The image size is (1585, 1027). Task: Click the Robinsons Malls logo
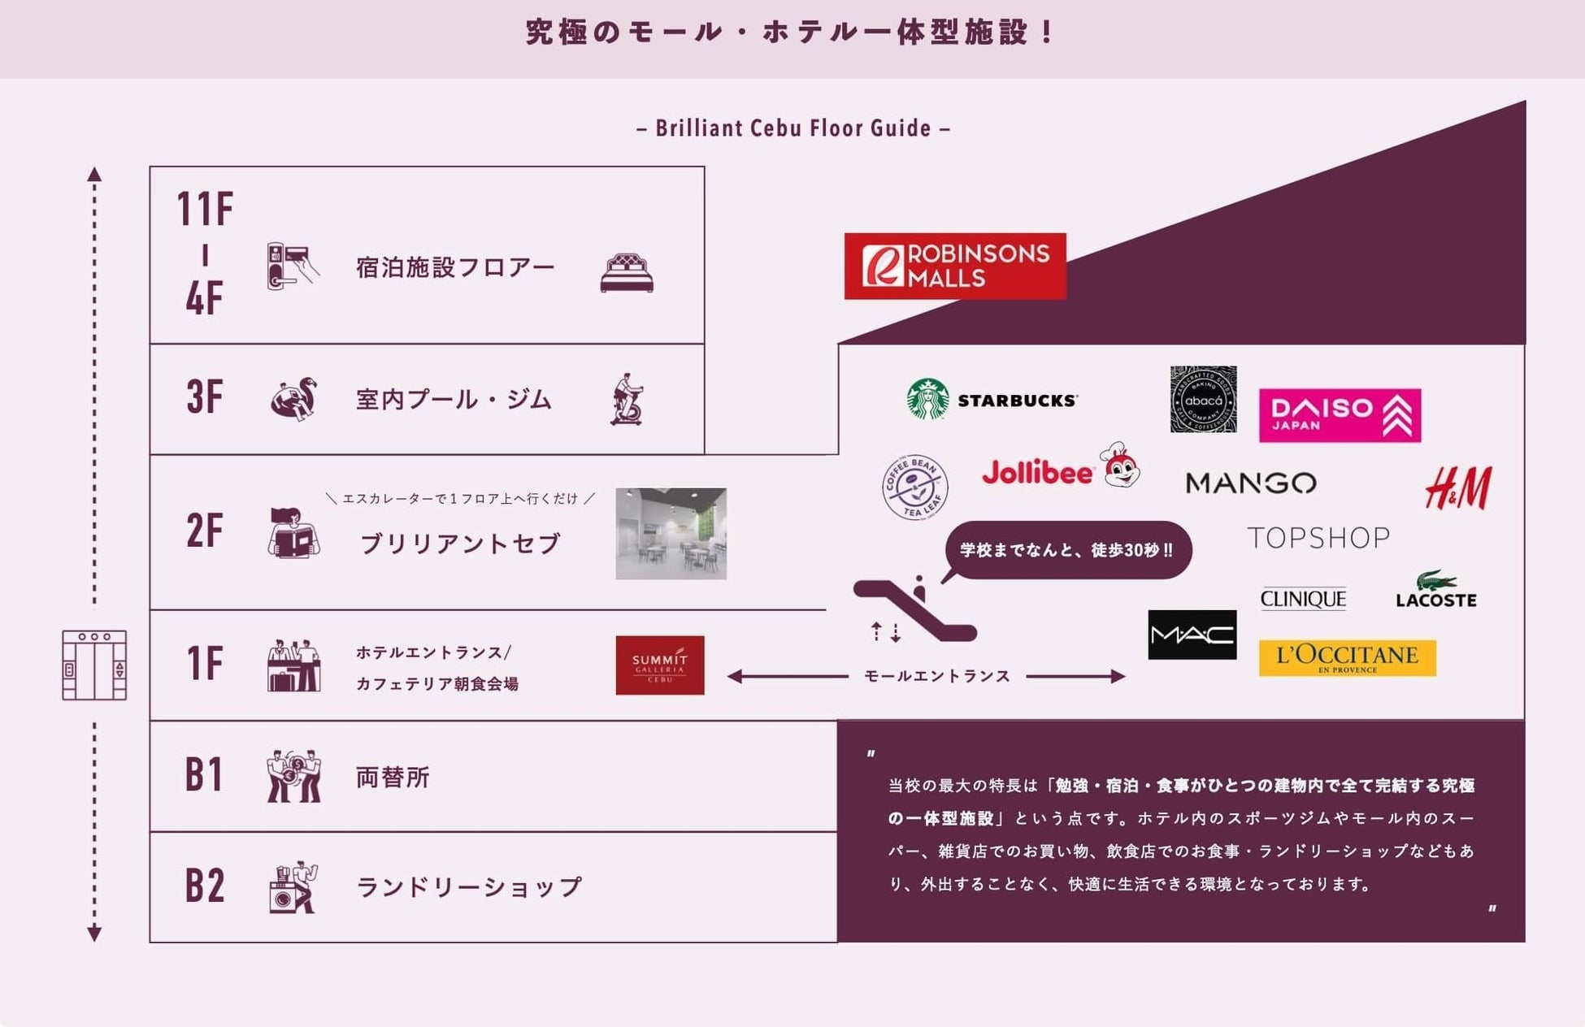[x=954, y=266]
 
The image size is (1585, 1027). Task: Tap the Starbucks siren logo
[x=927, y=399]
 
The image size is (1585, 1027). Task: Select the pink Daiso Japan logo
[x=1340, y=415]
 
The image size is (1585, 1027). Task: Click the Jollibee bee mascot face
[x=1121, y=466]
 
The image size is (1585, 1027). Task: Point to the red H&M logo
[x=1458, y=487]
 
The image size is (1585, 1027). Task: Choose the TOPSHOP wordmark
[x=1318, y=538]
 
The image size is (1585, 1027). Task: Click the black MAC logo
[x=1192, y=635]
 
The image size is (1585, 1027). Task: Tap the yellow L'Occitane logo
[x=1347, y=658]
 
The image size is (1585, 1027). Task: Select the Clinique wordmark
[x=1303, y=599]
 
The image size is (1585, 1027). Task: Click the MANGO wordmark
[x=1250, y=483]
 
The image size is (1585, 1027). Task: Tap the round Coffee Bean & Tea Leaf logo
[x=914, y=487]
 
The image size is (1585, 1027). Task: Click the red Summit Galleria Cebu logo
[x=659, y=665]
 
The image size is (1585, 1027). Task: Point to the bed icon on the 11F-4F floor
[x=626, y=273]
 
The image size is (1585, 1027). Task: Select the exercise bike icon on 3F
[x=627, y=399]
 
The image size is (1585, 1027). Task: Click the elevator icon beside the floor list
[x=94, y=665]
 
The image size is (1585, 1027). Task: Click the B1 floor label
[x=203, y=774]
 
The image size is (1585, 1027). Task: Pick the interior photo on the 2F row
[x=671, y=533]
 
